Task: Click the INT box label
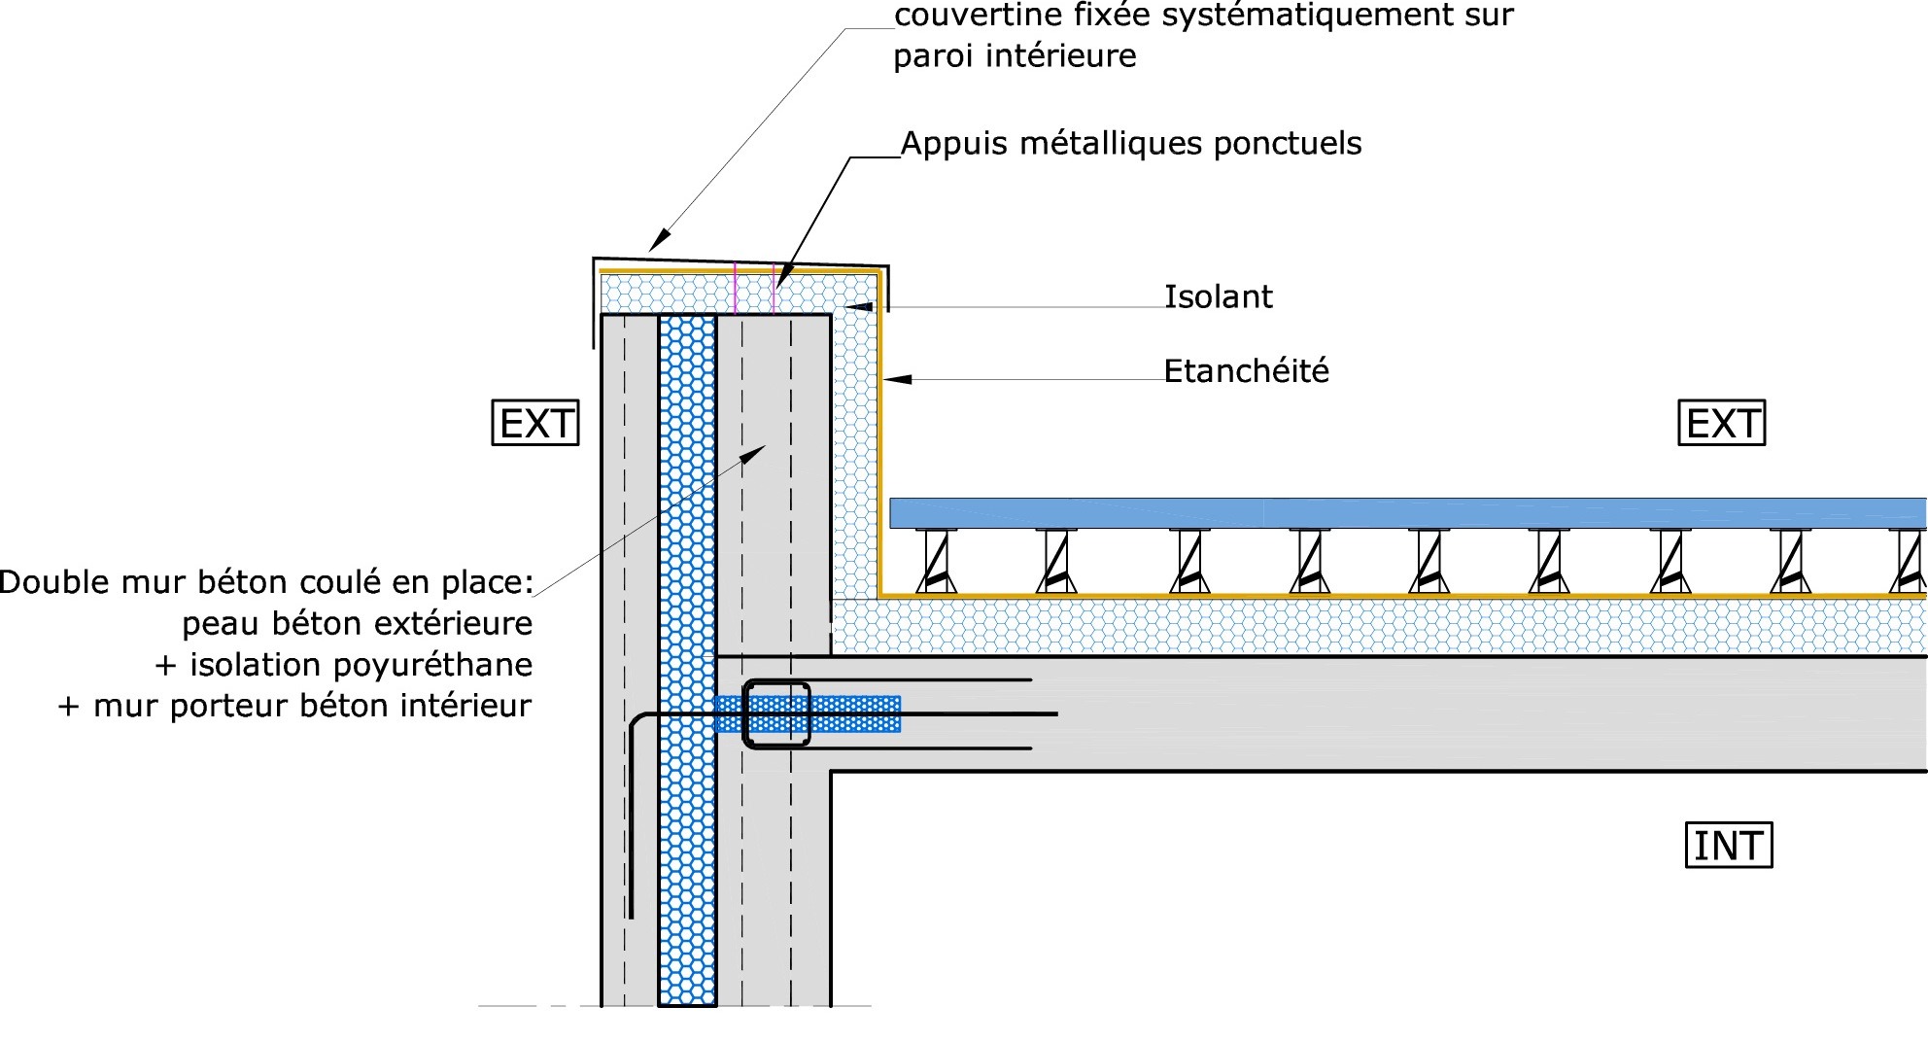[1728, 846]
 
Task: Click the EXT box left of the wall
[535, 424]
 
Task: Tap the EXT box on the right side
[1722, 424]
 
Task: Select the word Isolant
[1218, 296]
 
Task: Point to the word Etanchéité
[1246, 370]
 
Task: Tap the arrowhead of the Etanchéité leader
[896, 379]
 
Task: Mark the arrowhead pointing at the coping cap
[659, 238]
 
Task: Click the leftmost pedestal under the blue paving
[937, 562]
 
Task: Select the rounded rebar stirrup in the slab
[776, 714]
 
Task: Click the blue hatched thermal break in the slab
[855, 713]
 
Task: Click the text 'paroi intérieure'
[1014, 56]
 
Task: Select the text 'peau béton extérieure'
[357, 623]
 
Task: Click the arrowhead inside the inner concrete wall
[755, 453]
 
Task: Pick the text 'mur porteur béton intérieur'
[312, 706]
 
